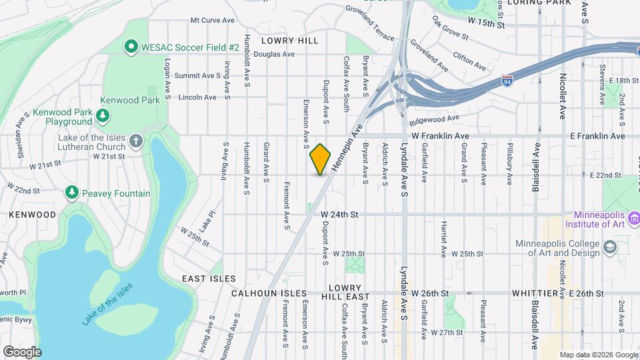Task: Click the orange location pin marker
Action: (321, 159)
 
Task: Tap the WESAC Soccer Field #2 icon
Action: (131, 47)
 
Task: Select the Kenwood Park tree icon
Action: (103, 115)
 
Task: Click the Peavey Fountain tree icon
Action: (72, 193)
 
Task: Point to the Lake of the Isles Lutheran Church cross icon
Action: (135, 141)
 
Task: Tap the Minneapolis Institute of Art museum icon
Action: (634, 219)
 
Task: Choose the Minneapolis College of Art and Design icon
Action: (609, 248)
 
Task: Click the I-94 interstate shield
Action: (507, 81)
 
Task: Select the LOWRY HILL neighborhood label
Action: (290, 41)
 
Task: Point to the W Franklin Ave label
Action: (441, 135)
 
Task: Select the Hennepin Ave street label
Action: (347, 148)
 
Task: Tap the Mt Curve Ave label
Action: (212, 20)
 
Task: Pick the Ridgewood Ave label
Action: (435, 120)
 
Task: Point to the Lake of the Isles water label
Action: (107, 304)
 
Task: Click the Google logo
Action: (22, 351)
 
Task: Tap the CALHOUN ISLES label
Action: (269, 293)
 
